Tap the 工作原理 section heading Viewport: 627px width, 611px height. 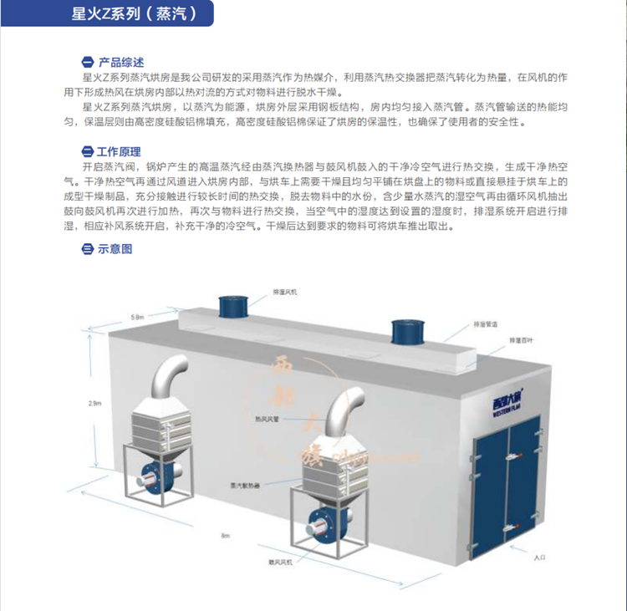118,152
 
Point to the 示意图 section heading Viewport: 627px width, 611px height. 114,248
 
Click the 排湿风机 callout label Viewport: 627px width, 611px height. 284,292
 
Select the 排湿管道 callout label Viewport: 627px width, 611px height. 486,324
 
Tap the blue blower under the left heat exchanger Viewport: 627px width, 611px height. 156,479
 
